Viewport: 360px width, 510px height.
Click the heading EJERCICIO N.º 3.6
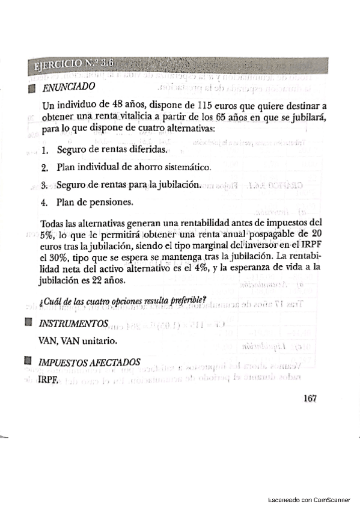(x=74, y=64)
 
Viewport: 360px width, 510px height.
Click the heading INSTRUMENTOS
(x=74, y=324)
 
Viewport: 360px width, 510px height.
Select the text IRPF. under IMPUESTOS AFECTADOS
(x=49, y=380)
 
